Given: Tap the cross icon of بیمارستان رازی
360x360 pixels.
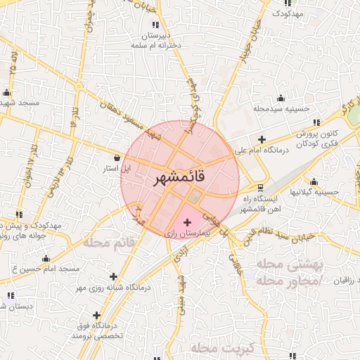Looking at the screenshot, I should (x=186, y=222).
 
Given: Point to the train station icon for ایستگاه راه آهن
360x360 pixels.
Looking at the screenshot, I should (x=261, y=188).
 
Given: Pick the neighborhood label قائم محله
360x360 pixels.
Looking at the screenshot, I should (x=109, y=243).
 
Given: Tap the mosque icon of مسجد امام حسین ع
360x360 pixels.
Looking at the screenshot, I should (x=46, y=258).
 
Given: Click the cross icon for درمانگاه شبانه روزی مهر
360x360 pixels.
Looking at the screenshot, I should (x=114, y=277).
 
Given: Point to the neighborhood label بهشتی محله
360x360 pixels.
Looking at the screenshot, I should (x=290, y=265).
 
